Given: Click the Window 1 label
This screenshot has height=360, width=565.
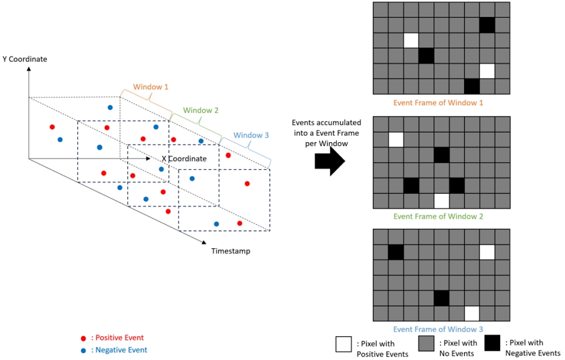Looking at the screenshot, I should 151,87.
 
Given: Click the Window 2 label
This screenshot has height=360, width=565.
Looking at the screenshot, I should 201,110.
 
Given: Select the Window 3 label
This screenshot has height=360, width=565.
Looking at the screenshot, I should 251,135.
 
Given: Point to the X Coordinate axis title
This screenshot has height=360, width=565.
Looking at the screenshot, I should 184,158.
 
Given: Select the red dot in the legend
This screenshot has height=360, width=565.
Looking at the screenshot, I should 84,338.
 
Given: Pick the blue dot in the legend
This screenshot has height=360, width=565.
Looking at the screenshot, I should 84,350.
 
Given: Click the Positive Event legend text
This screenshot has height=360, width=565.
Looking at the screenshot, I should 118,338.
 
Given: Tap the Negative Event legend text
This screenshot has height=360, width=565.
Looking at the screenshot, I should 120,350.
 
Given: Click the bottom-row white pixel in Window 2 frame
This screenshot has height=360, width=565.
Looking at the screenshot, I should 442,201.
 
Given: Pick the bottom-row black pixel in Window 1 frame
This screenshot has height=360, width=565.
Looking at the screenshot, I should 472,86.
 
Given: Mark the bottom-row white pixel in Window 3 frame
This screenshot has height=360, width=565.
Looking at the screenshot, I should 472,314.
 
